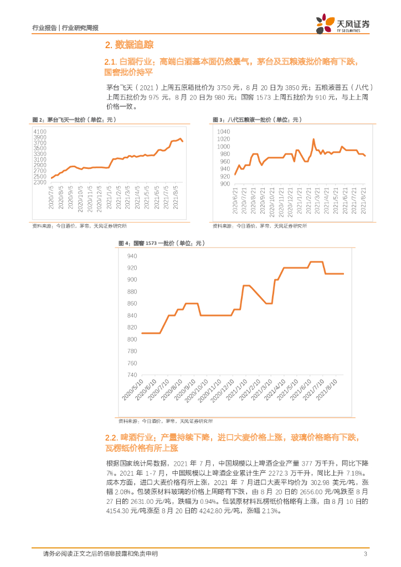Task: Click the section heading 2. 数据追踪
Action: coord(130,44)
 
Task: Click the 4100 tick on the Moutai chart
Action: coord(40,131)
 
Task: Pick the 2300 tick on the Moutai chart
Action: coord(40,182)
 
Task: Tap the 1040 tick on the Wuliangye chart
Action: coord(223,131)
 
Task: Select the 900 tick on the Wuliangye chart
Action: coord(224,183)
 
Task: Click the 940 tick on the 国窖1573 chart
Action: coord(132,256)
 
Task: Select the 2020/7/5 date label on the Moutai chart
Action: coord(51,198)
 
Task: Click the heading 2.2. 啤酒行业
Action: coord(127,437)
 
